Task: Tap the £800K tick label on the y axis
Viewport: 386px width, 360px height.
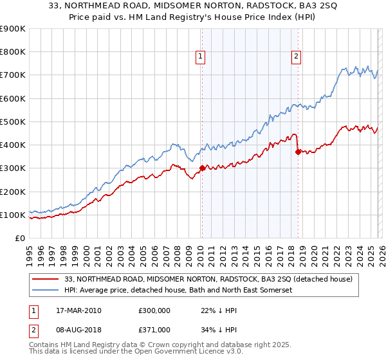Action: coord(12,51)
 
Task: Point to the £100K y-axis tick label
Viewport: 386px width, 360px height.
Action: coord(12,215)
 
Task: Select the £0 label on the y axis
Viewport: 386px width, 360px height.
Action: coord(20,238)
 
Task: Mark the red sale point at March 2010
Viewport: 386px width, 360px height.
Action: coord(201,168)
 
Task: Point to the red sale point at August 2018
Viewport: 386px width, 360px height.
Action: coord(298,152)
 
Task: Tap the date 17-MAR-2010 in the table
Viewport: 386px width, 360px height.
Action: coord(79,310)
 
